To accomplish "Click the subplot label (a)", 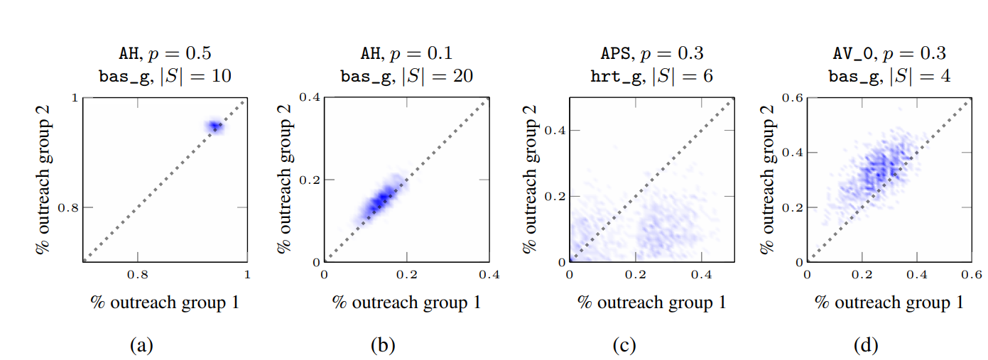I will pyautogui.click(x=141, y=346).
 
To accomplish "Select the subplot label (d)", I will pyautogui.click(x=867, y=346).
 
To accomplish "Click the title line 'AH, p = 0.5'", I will pyautogui.click(x=164, y=53).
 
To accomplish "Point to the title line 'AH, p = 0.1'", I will pyautogui.click(x=406, y=53).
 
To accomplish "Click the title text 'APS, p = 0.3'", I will pyautogui.click(x=651, y=53).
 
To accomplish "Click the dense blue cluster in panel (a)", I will pyautogui.click(x=214, y=127).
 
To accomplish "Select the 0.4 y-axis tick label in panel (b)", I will pyautogui.click(x=310, y=98).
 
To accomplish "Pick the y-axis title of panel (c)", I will pyautogui.click(x=530, y=180).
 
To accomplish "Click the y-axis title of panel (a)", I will pyautogui.click(x=44, y=180).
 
